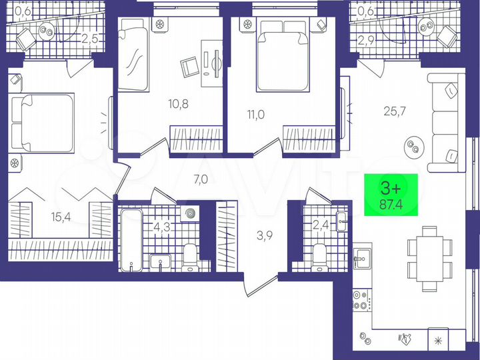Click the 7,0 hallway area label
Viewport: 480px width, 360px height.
pos(182,179)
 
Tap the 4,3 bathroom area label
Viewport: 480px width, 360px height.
pos(161,226)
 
